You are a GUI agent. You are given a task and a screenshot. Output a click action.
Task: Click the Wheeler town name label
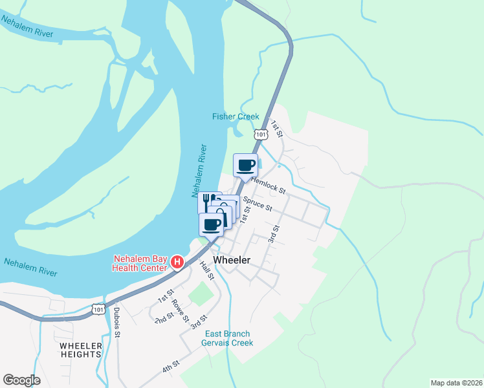pyautogui.click(x=226, y=259)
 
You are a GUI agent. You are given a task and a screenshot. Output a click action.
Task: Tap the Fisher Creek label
pyautogui.click(x=236, y=117)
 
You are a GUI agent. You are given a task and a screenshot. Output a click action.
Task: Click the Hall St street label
pyautogui.click(x=206, y=271)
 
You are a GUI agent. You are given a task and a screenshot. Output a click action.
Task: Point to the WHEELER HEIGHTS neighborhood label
pyautogui.click(x=81, y=350)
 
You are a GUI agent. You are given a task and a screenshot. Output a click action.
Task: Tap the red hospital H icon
pyautogui.click(x=177, y=262)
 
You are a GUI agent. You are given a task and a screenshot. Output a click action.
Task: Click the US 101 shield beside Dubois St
pyautogui.click(x=98, y=310)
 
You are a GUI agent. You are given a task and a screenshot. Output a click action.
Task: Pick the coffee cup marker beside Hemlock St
pyautogui.click(x=245, y=166)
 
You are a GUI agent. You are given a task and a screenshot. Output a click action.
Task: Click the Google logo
pyautogui.click(x=22, y=380)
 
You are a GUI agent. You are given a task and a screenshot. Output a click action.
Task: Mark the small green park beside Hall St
pyautogui.click(x=201, y=295)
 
